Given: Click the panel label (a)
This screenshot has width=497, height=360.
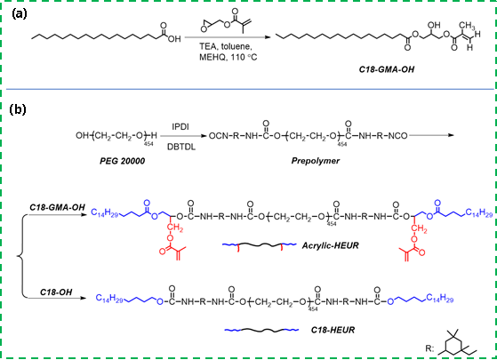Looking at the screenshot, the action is point(20,14).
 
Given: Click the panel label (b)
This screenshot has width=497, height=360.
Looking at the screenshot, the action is point(18,109).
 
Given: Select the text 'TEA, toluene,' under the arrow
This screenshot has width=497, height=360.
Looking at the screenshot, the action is point(225,47).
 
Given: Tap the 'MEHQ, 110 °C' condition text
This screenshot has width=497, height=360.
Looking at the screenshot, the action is point(228,58).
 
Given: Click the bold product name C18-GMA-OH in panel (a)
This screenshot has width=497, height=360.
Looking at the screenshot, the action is point(387,69).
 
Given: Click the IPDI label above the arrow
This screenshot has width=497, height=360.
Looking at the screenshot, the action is point(180,127).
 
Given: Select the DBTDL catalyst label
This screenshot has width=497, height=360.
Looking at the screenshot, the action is point(181,147).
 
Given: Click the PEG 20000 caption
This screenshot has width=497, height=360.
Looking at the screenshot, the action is point(123,161).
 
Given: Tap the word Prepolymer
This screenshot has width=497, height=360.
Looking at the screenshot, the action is point(316,161).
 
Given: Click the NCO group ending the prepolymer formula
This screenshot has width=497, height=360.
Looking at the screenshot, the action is point(397,136).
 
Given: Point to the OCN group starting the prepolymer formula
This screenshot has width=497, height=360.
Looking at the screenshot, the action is point(219,136).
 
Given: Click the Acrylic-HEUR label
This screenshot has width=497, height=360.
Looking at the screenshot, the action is point(330,245).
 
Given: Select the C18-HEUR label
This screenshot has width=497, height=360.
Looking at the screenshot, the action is point(333,330).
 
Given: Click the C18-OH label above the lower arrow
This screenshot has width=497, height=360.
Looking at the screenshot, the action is point(56,292).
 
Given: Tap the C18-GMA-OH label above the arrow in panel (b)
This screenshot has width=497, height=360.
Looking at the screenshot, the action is point(58,208).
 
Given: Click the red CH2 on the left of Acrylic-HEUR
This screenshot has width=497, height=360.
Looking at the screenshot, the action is point(175,228).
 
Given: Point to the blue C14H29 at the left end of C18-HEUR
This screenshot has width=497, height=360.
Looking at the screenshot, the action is point(109,299).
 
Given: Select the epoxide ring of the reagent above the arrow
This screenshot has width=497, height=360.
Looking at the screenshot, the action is point(206,26).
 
